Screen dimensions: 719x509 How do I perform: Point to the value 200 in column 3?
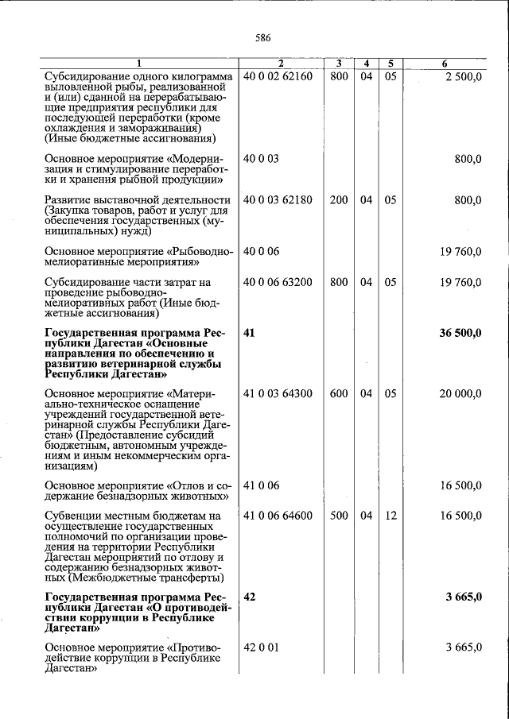(339, 200)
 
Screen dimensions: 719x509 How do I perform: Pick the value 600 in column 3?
(339, 393)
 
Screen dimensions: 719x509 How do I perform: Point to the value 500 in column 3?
(339, 516)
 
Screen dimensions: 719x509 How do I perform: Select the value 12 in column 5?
(390, 516)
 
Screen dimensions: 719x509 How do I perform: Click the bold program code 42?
(250, 597)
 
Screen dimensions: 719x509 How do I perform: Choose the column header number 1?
(138, 64)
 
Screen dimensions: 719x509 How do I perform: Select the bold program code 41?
(250, 333)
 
